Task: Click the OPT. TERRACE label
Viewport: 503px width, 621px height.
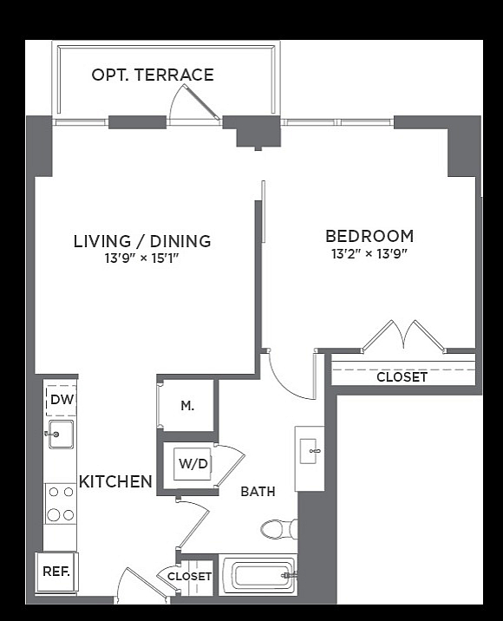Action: tap(153, 75)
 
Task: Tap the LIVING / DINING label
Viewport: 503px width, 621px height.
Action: tap(142, 241)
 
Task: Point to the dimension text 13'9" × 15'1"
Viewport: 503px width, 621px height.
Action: tap(142, 258)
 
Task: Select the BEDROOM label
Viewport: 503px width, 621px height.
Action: tap(369, 236)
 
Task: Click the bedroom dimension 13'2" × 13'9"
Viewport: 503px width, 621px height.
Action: tap(369, 253)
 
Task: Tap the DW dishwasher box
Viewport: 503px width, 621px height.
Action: tap(62, 399)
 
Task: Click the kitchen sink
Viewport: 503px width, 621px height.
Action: tap(61, 435)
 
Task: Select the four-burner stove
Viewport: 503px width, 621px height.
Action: tap(61, 504)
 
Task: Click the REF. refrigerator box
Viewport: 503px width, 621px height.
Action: tap(56, 572)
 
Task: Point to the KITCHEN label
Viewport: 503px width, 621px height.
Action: tap(115, 481)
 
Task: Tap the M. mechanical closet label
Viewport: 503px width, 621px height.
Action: tap(187, 406)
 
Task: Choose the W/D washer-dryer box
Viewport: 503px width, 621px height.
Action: tap(193, 464)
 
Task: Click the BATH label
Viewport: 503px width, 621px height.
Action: tap(258, 492)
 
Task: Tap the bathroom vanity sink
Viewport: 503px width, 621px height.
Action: tap(310, 452)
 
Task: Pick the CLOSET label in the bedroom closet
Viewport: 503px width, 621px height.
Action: tap(402, 377)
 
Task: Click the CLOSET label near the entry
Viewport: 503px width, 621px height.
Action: tap(189, 576)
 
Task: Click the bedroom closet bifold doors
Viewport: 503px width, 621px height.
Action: tap(403, 336)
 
